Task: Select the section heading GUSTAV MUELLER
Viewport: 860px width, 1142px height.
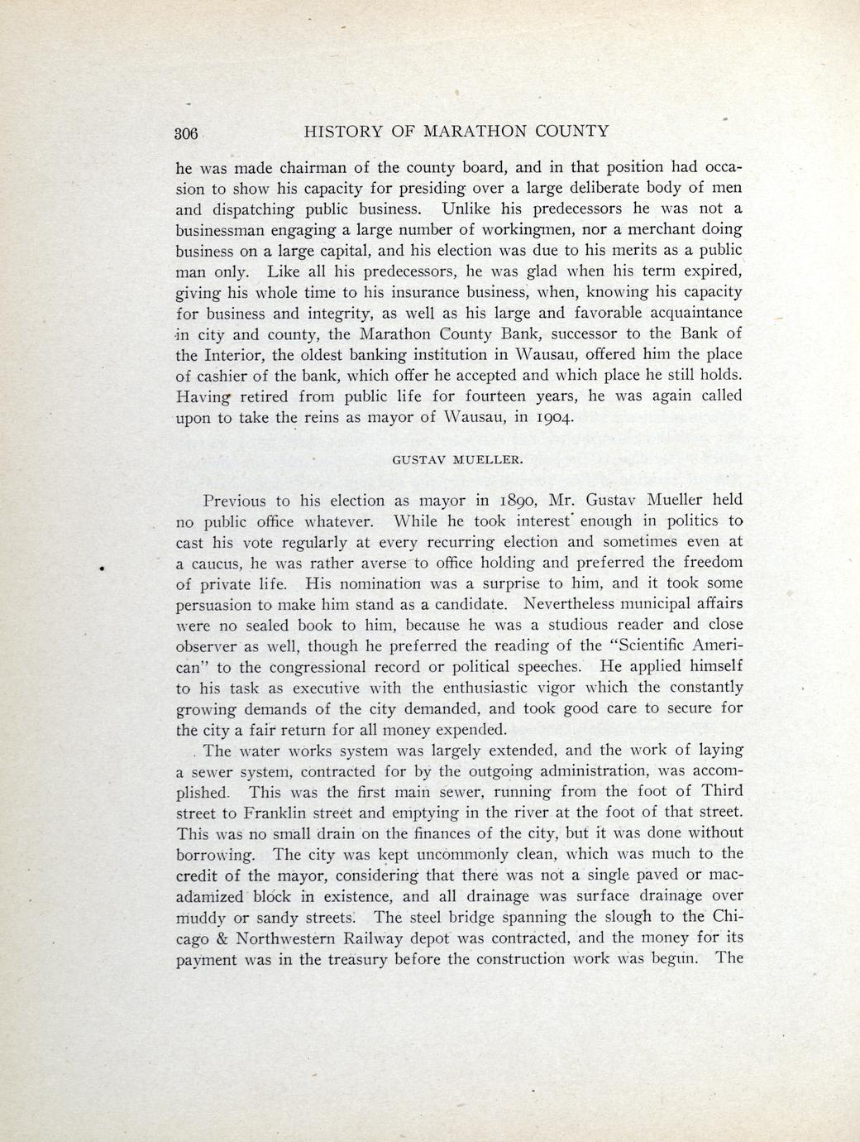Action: [x=457, y=458]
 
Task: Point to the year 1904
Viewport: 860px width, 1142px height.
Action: [x=548, y=417]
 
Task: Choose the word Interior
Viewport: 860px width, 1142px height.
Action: [x=234, y=354]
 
